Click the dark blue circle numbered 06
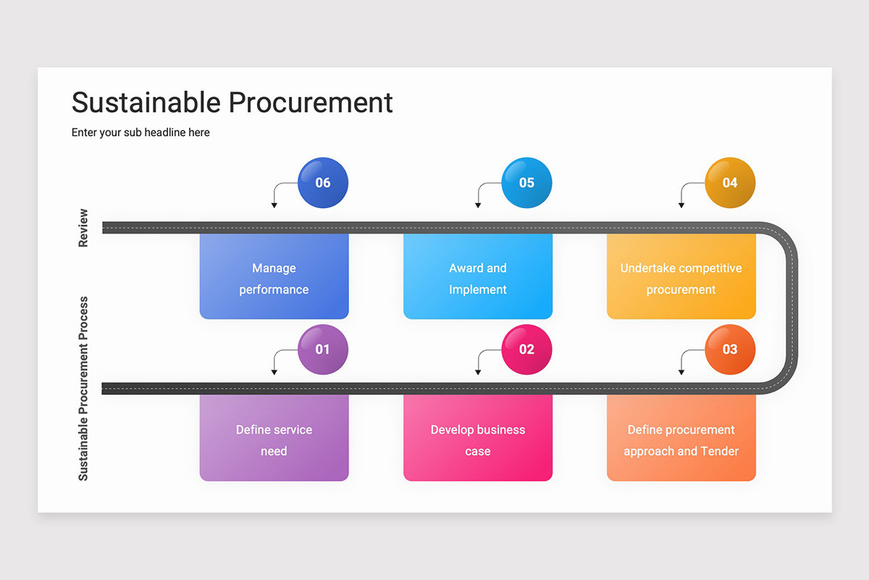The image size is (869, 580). [x=323, y=183]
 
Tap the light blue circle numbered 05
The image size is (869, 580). [x=526, y=183]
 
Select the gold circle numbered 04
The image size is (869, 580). [x=730, y=183]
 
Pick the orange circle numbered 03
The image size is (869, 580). [x=730, y=349]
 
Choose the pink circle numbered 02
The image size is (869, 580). [x=526, y=349]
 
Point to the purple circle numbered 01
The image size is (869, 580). [x=323, y=349]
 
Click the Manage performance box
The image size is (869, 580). [x=274, y=278]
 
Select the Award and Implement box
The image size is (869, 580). [x=477, y=278]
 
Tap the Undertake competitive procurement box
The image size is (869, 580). [x=681, y=278]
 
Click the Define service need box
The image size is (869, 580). [x=274, y=439]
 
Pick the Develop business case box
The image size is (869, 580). [x=477, y=439]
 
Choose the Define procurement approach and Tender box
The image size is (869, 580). [x=681, y=439]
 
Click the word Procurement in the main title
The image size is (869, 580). [x=311, y=103]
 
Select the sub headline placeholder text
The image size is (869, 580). [x=140, y=133]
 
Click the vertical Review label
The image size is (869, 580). [x=83, y=228]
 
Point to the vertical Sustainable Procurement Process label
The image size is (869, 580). [x=83, y=388]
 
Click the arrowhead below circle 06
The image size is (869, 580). [x=274, y=206]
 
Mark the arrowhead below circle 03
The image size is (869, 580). [x=681, y=373]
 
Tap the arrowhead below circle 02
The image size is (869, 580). [x=477, y=373]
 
